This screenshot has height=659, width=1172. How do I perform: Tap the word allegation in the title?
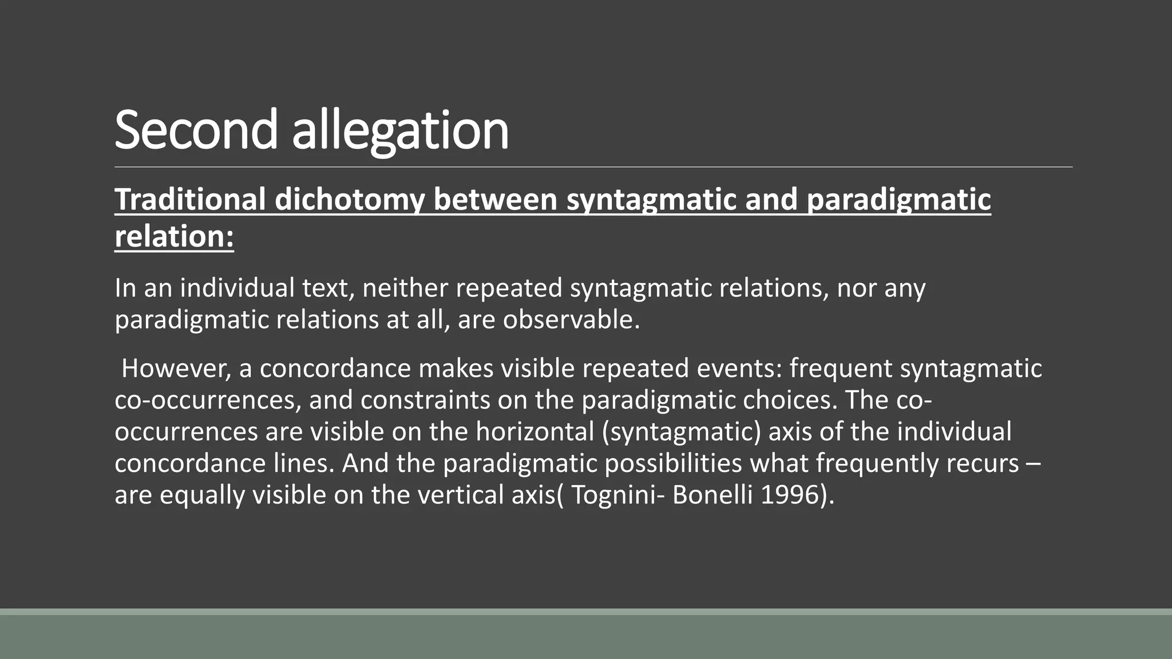400,130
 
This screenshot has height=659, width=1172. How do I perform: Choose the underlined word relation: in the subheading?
174,236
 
